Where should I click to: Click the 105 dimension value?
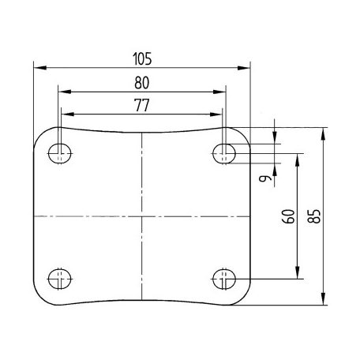pos(142,59)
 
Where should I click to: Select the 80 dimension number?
pos(142,83)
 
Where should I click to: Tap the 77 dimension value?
pos(142,105)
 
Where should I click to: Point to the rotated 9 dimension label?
pos(265,178)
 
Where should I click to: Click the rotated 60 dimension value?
pos(288,216)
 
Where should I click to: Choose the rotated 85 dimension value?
pos(314,216)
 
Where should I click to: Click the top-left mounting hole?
pos(60,153)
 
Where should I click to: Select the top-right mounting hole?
pos(224,153)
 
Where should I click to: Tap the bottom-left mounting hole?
pos(60,279)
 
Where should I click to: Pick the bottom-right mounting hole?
pos(224,279)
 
